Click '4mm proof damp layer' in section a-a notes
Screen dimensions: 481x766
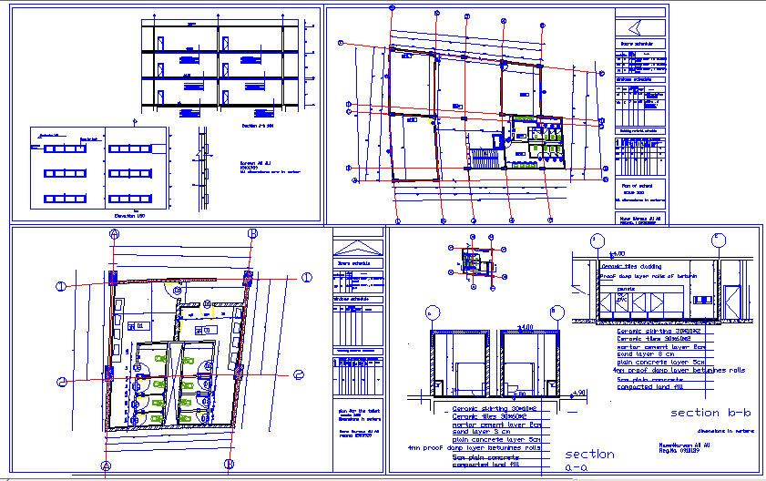[474, 447]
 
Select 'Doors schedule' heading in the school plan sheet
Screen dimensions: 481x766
[638, 44]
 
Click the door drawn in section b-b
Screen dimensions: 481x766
[732, 301]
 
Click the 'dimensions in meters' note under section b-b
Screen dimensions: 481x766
[719, 429]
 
